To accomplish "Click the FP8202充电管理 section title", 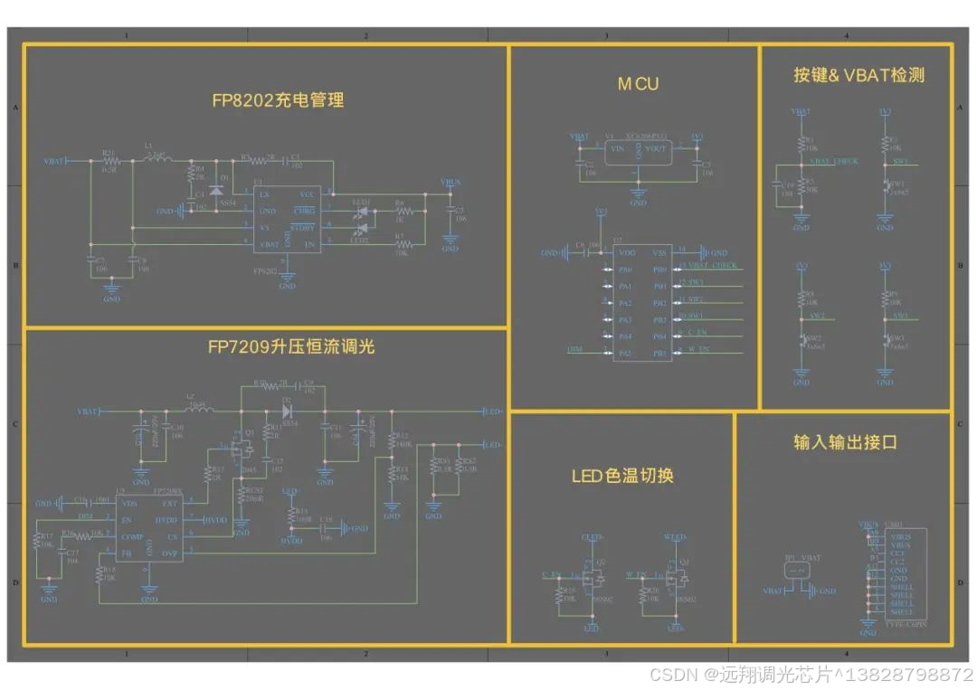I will [x=278, y=100].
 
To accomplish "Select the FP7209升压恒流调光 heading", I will [x=290, y=346].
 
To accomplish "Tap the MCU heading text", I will [x=638, y=84].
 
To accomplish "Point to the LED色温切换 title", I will [x=621, y=476].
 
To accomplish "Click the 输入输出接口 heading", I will [x=845, y=442].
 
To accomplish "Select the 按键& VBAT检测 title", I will [x=858, y=76].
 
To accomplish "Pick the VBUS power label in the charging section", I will [x=450, y=183].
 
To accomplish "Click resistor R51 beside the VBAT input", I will [x=109, y=160].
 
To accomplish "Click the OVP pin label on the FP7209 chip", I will [x=169, y=553].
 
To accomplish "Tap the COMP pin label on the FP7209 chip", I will [x=130, y=536].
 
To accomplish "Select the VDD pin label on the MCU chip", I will [x=627, y=253].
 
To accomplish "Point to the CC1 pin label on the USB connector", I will [x=896, y=553].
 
